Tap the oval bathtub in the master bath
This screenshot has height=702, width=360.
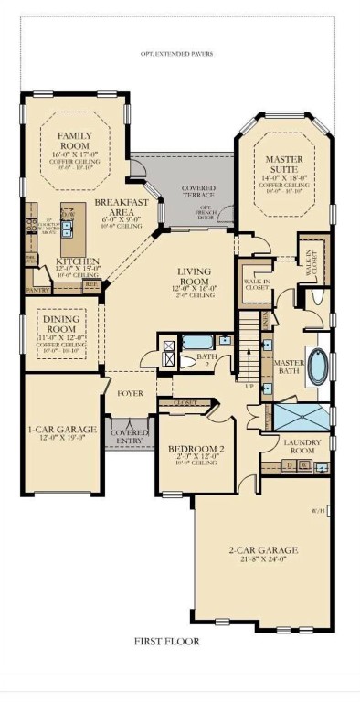[x=317, y=367]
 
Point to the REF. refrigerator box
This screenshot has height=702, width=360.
[x=91, y=285]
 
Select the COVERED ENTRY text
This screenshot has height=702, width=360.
[x=130, y=435]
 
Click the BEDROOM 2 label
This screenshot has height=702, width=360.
[x=197, y=449]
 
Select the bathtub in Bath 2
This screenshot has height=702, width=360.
[x=199, y=343]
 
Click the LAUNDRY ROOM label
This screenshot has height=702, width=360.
[x=300, y=446]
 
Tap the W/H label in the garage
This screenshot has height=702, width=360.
[x=318, y=511]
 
